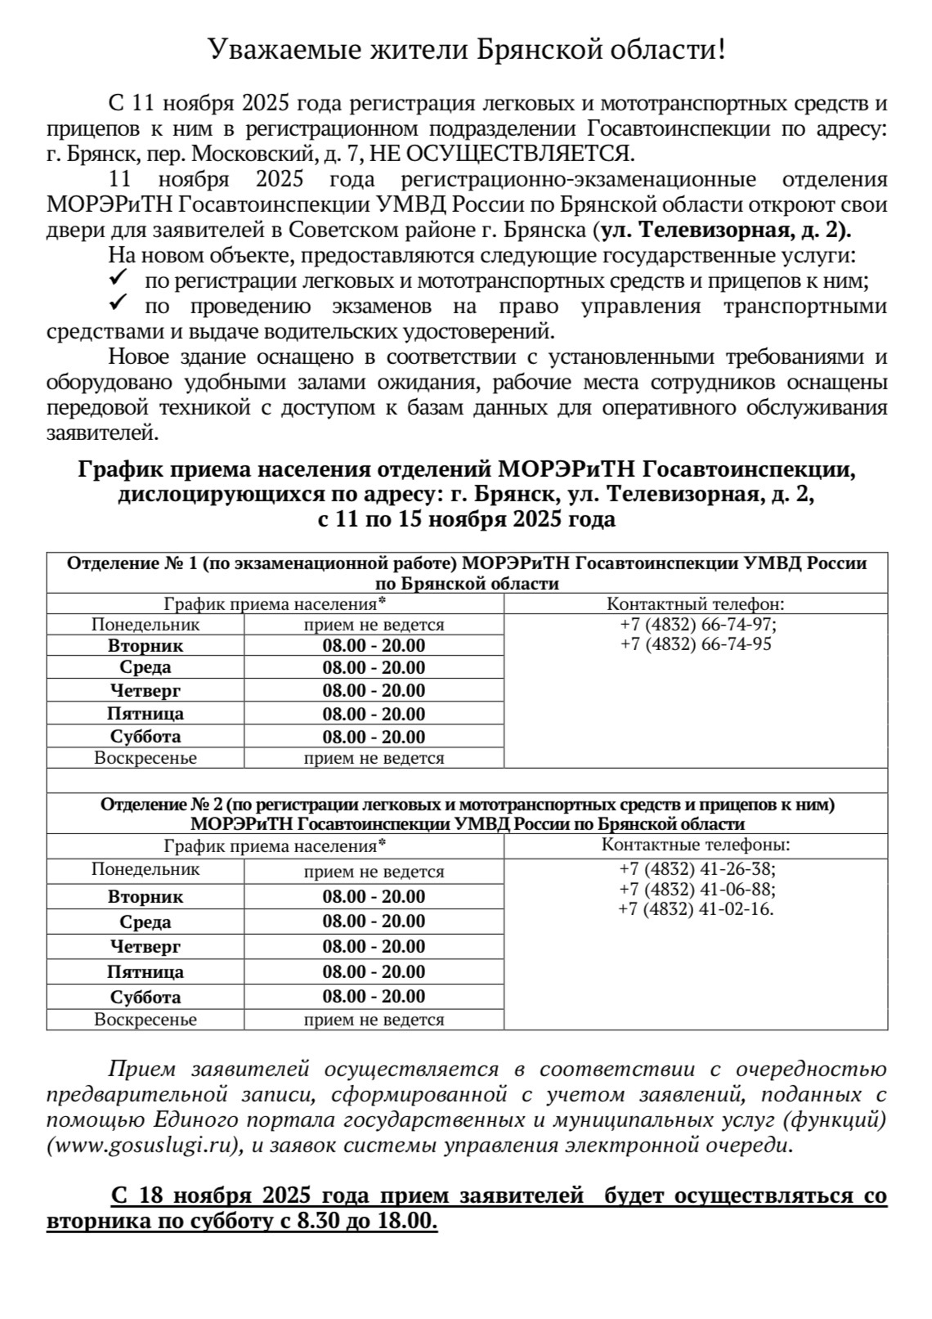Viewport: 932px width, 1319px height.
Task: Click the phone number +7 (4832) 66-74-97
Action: click(x=697, y=625)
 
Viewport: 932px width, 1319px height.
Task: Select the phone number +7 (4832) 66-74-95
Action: click(x=696, y=644)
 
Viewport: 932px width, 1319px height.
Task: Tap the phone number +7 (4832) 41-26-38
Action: click(x=697, y=868)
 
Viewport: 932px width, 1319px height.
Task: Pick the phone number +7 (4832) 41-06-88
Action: click(x=697, y=889)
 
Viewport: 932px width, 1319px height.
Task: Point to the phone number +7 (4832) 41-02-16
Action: click(x=696, y=909)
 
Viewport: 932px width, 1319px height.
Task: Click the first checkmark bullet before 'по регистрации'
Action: click(x=117, y=280)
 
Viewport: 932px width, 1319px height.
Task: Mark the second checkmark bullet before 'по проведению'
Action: click(x=117, y=305)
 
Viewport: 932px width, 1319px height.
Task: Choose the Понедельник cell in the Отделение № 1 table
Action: click(x=146, y=625)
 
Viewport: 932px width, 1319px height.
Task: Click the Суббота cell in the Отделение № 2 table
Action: click(x=146, y=997)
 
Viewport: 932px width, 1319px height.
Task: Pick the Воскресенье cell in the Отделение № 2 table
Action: click(x=146, y=1020)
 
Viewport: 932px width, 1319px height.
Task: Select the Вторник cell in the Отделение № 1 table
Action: click(x=146, y=646)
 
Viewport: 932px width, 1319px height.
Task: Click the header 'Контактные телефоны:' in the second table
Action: click(x=696, y=846)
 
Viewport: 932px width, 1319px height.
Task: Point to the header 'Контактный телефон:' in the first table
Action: click(x=696, y=604)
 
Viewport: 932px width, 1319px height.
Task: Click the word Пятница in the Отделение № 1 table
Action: click(x=146, y=714)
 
